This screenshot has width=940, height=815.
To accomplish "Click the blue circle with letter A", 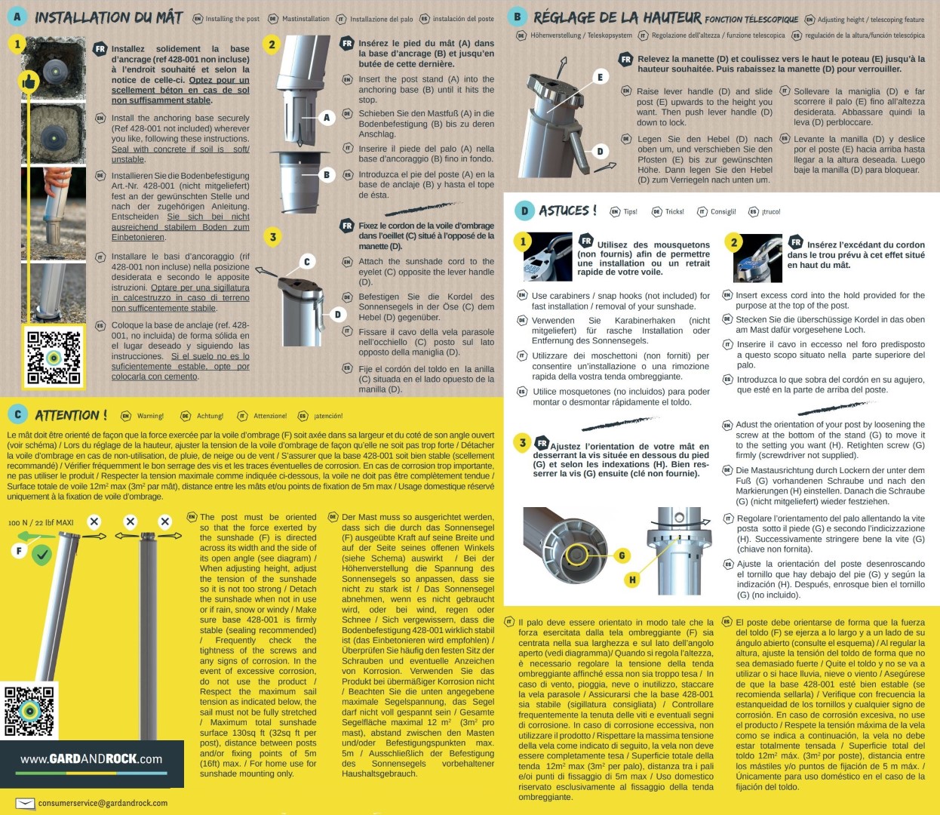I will click(x=17, y=16).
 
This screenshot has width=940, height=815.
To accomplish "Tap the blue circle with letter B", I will click(x=517, y=16).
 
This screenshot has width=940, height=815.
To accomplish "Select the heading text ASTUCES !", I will click(x=567, y=211).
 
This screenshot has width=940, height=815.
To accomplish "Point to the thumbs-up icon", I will click(x=29, y=81).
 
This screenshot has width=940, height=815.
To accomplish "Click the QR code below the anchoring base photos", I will click(x=53, y=357).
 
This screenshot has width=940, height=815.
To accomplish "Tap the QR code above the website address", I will click(x=29, y=710).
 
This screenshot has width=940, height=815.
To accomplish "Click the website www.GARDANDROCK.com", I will click(x=91, y=759).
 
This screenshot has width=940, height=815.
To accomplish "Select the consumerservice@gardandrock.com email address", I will click(x=103, y=803).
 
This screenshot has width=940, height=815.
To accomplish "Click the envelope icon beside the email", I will click(x=25, y=803).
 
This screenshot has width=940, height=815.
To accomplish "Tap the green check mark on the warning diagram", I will click(x=42, y=555).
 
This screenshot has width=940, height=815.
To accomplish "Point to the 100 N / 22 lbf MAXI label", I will click(x=41, y=522).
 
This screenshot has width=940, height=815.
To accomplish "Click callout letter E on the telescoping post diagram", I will click(x=601, y=77).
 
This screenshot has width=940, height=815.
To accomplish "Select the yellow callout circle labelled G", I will click(x=622, y=555).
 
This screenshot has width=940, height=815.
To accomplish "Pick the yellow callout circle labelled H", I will click(x=632, y=580).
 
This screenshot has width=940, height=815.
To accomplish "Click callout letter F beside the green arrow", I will click(x=20, y=551).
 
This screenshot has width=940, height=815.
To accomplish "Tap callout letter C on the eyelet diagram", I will click(x=306, y=262).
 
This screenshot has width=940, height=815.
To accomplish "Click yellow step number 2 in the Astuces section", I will click(x=734, y=242).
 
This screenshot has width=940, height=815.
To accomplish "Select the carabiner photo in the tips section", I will click(x=548, y=257).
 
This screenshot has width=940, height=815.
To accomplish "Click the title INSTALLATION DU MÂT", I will click(x=109, y=17).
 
